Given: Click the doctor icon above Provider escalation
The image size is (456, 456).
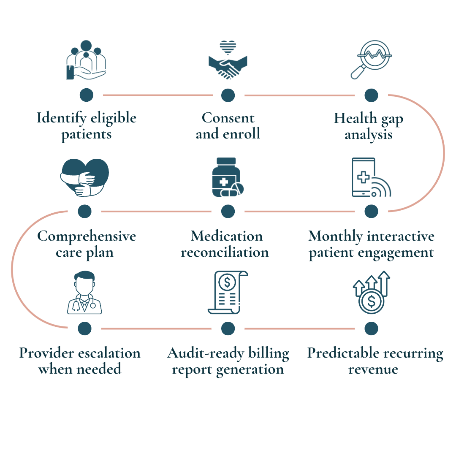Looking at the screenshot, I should pos(84,293).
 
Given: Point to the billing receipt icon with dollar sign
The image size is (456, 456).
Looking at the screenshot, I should pos(227,293).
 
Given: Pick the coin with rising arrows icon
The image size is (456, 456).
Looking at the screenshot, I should pos(372,293).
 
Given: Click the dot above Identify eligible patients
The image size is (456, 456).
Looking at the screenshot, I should pos(86,95).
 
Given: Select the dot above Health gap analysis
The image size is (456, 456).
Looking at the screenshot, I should pos(371,95).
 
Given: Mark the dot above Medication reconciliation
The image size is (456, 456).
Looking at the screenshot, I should pos(228,211).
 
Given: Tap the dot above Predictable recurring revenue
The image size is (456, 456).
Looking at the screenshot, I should pos(371,328).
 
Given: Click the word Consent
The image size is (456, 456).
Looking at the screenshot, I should pos(228,118).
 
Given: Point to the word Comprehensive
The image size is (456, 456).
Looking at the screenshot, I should pos(87,236).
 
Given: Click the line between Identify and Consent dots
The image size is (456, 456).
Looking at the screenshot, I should pos(157,95).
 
